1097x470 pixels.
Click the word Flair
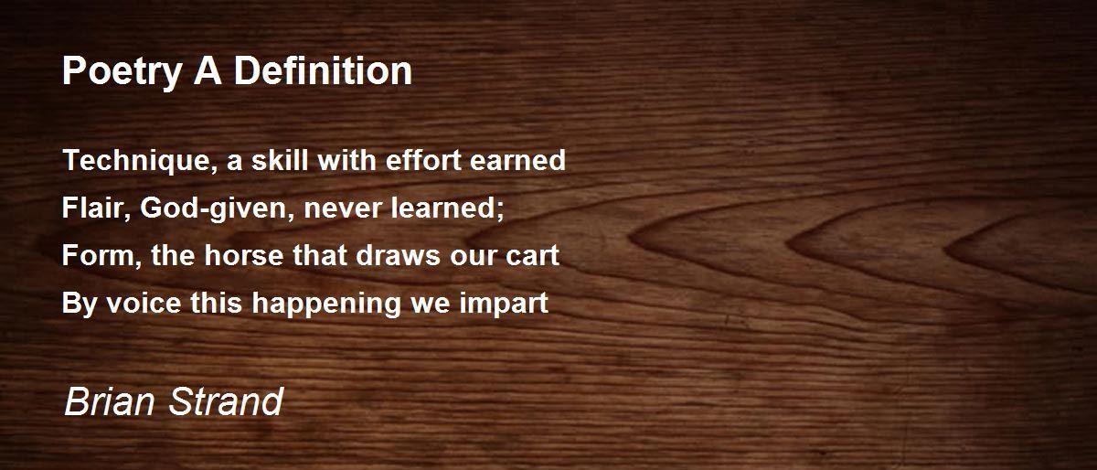pyautogui.click(x=87, y=208)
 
